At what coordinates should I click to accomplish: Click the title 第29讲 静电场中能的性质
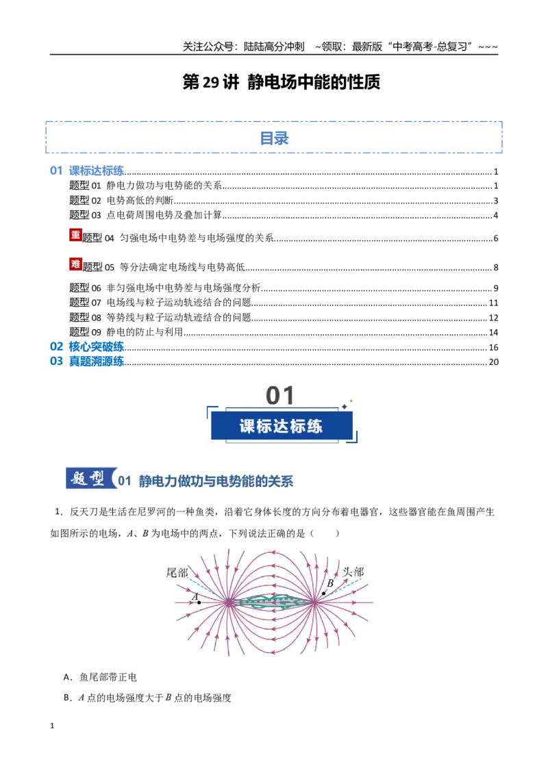click(x=282, y=82)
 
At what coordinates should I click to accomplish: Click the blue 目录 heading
click(x=274, y=138)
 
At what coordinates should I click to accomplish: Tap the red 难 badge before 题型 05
click(x=75, y=264)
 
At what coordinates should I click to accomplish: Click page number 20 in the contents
click(x=494, y=361)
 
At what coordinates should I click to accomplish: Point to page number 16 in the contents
click(x=494, y=348)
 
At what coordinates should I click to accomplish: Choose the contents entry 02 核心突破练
click(x=86, y=346)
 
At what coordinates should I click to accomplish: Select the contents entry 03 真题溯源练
click(x=86, y=361)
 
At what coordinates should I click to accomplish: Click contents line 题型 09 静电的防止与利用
click(x=126, y=332)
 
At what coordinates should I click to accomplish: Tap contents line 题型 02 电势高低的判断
click(x=121, y=200)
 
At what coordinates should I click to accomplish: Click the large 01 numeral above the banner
click(x=280, y=396)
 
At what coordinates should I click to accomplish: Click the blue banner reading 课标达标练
click(x=282, y=426)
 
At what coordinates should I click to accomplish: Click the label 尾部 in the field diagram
click(x=177, y=573)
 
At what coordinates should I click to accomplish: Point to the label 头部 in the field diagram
click(x=353, y=572)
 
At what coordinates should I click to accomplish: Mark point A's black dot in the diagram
click(x=199, y=602)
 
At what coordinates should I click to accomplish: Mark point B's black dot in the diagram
click(x=324, y=593)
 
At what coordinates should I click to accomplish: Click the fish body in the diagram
click(x=271, y=602)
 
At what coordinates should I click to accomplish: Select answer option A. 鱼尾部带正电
click(x=100, y=677)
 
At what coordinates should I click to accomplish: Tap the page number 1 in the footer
click(x=52, y=726)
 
